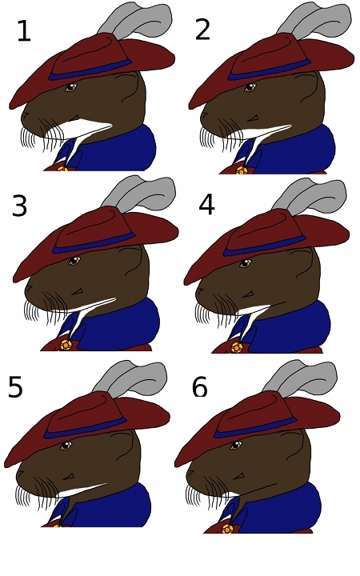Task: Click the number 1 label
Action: point(24,31)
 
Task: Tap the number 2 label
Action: point(202,30)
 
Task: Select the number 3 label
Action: point(19,206)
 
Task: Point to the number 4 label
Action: point(206,205)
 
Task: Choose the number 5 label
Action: point(15,386)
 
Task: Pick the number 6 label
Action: point(200,387)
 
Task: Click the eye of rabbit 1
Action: point(70,87)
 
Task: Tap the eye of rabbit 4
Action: point(245,263)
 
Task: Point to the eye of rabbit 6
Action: point(236,446)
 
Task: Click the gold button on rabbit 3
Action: point(66,346)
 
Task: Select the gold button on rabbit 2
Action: point(242,170)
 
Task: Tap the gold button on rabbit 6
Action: point(227,529)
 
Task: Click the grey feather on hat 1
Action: point(136,20)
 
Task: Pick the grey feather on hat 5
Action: point(130,379)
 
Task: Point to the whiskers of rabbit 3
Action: point(45,308)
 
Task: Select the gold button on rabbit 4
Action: point(237,347)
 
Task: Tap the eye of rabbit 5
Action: point(66,446)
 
